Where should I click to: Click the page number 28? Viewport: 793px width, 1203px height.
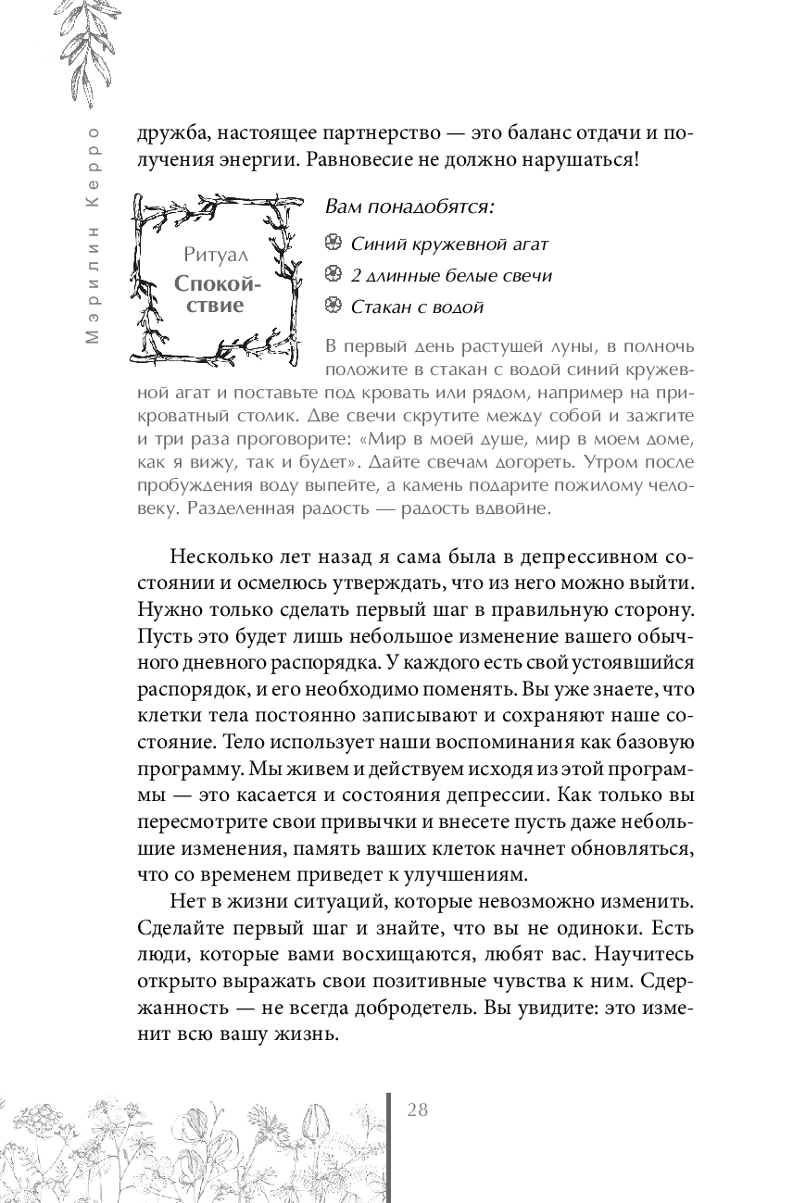(417, 1110)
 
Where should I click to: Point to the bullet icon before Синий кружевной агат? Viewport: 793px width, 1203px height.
(334, 244)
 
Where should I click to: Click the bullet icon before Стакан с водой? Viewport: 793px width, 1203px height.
(334, 307)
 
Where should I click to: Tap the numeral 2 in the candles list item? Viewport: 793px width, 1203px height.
(356, 275)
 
